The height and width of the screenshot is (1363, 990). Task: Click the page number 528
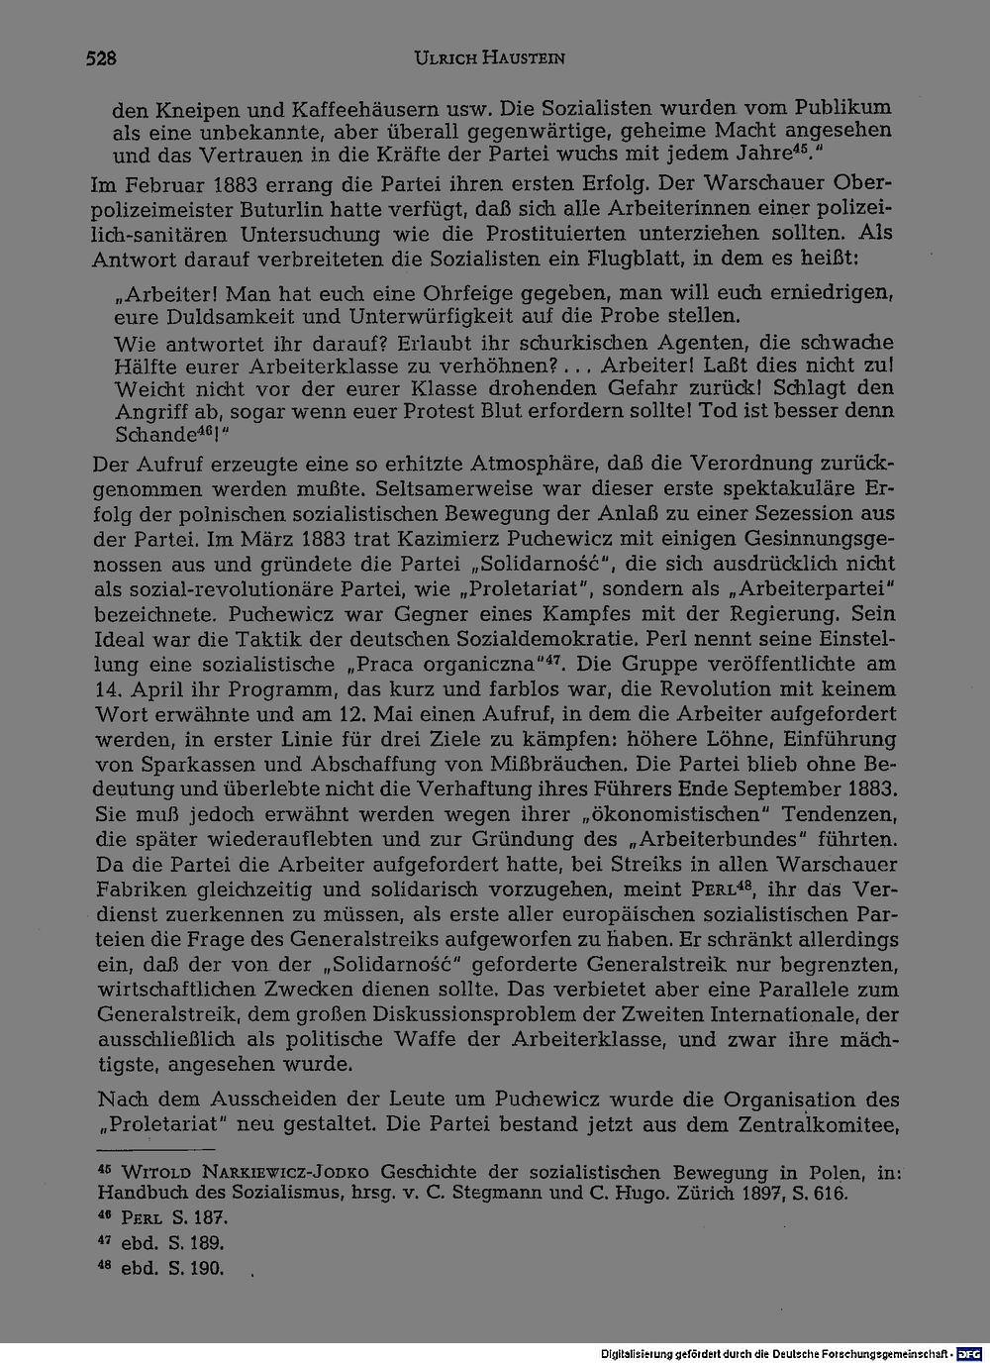[100, 59]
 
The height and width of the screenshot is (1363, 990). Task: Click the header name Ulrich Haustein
[490, 59]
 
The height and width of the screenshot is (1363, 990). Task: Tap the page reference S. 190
[197, 1268]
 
